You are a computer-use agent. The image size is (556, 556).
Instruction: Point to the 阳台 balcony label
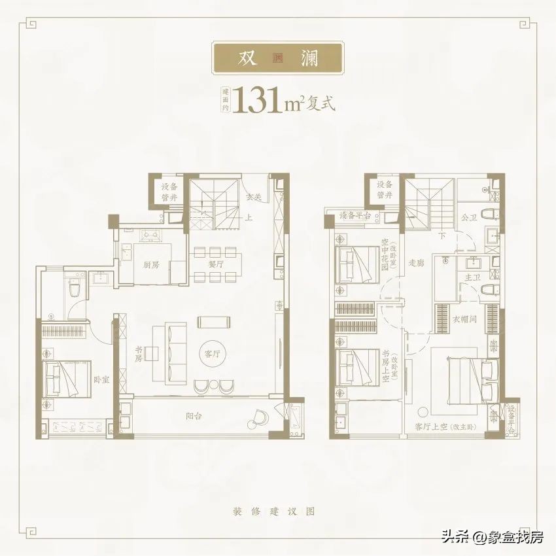click(193, 415)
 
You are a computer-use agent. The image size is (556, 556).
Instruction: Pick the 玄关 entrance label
click(254, 196)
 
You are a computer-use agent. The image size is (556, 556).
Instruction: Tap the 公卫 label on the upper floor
click(468, 217)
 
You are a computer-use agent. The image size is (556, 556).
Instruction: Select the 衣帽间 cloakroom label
click(464, 320)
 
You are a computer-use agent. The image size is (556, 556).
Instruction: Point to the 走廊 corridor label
click(416, 264)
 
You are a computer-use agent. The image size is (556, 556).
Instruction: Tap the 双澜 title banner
click(278, 58)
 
